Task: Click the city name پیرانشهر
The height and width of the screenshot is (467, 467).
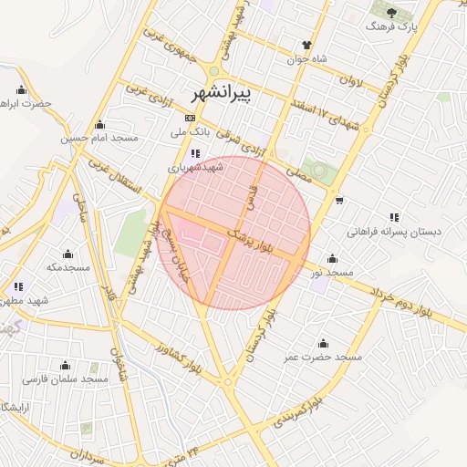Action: [x=223, y=94]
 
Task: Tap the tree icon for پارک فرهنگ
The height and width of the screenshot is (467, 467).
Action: [x=392, y=13]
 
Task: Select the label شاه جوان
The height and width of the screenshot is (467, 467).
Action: [x=308, y=60]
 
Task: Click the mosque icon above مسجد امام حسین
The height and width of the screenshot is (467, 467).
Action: [x=99, y=125]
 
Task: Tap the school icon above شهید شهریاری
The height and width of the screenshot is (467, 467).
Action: [x=195, y=154]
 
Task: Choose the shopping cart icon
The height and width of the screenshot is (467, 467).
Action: [x=339, y=200]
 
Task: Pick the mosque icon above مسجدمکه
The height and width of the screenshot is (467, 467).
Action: [x=67, y=254]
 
